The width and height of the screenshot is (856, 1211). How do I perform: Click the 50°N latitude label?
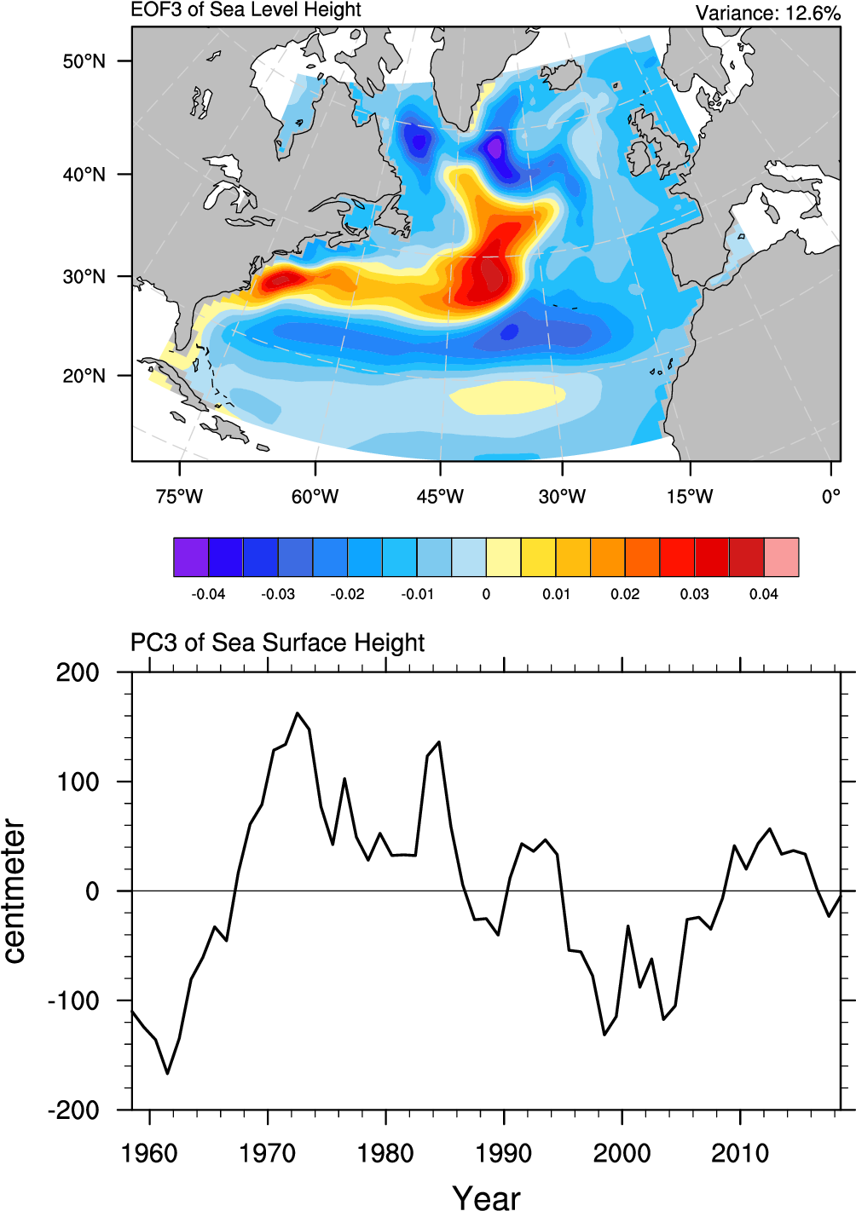[84, 61]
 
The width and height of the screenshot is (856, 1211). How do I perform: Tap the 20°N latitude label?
[84, 376]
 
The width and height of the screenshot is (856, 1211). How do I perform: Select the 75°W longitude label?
[179, 497]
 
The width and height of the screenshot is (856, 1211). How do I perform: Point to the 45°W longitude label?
[440, 497]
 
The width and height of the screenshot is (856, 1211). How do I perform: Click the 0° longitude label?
[830, 497]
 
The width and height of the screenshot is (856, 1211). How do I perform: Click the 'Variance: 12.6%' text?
[767, 13]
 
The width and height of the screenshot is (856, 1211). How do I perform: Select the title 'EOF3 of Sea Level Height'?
[246, 10]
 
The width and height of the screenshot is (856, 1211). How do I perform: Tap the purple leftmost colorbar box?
[191, 557]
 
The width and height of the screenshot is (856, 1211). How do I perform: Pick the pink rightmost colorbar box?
[781, 557]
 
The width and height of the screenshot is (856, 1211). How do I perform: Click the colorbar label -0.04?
[208, 594]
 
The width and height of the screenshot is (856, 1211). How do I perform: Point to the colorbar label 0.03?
[694, 594]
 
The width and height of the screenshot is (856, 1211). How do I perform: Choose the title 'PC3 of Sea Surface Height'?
[277, 643]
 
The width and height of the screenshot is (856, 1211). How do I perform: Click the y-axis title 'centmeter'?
[14, 891]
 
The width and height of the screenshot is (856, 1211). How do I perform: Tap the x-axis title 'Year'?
[486, 1197]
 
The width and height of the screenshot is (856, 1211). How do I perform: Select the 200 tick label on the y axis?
[78, 672]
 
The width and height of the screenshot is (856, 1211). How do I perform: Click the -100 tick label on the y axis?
[72, 1001]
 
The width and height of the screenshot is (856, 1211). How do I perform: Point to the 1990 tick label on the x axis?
[503, 1153]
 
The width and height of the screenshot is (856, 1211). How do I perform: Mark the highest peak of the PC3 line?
[298, 713]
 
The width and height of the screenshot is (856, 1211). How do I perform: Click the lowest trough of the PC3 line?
[167, 1073]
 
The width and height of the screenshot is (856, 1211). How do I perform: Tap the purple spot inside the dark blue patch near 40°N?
[494, 147]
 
